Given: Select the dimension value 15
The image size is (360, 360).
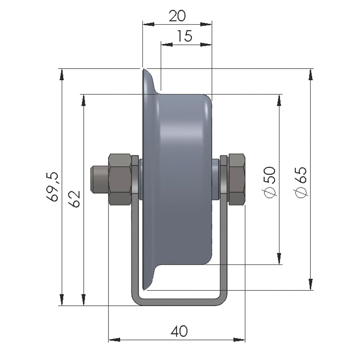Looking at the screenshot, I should tap(185, 36).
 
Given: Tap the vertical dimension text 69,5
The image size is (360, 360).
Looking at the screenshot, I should tap(53, 187).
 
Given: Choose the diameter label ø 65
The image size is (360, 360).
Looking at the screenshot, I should tap(301, 182).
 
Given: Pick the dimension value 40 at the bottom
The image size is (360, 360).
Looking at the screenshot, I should tap(179, 331).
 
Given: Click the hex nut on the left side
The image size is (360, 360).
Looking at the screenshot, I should tap(119, 179).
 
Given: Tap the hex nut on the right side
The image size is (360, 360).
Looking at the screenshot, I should tap(237, 179).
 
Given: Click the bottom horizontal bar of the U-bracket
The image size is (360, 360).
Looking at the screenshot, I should tap(179, 302).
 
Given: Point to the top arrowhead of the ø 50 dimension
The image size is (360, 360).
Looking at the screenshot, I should tap(279, 100).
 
